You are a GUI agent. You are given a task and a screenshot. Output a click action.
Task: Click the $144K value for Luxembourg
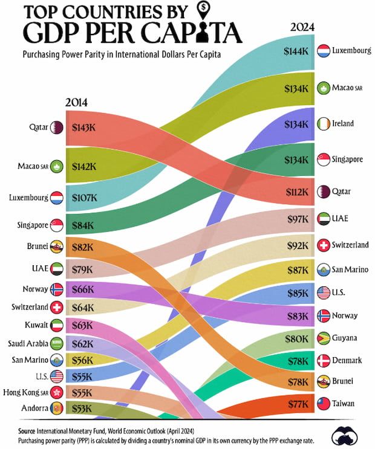pos(296,51)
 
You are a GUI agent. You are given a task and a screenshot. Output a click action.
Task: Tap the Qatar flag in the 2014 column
pos(57,128)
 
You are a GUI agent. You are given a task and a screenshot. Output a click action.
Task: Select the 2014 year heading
pos(76,102)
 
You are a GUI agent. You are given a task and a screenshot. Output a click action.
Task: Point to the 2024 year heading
pos(302,27)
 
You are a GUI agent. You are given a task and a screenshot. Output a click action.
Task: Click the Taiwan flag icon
pos(322,403)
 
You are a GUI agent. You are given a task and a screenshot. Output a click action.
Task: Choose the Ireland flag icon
pos(322,123)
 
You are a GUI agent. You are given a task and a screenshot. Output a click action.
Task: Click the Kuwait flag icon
pos(57,325)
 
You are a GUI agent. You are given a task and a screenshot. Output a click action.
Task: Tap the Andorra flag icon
pos(57,408)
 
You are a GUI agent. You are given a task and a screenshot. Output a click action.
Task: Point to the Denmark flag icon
pos(322,361)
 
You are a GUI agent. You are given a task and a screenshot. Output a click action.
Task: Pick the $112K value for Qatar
pos(296,192)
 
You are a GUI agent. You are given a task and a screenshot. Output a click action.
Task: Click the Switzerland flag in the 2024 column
pos(322,245)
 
